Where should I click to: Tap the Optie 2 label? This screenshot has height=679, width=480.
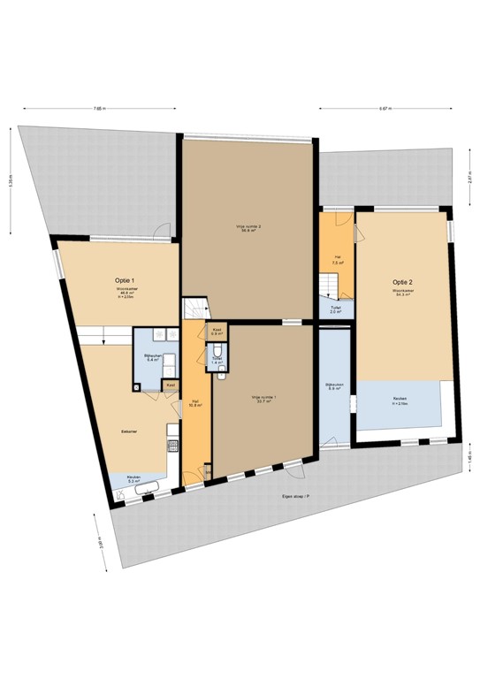(x=402, y=284)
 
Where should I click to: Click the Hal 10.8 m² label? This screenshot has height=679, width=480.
(x=196, y=404)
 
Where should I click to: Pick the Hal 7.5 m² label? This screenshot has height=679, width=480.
(x=337, y=260)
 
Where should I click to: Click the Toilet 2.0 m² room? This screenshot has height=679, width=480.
(x=336, y=309)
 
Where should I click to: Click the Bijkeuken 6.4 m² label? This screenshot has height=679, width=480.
(x=152, y=358)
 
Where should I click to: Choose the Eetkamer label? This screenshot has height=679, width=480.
(x=129, y=431)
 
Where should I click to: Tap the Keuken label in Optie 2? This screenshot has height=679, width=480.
(x=400, y=401)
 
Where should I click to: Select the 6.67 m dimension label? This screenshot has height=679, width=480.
(x=385, y=109)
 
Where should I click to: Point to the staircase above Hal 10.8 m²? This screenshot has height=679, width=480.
(x=195, y=308)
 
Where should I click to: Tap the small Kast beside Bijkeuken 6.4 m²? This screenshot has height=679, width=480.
(x=171, y=385)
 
